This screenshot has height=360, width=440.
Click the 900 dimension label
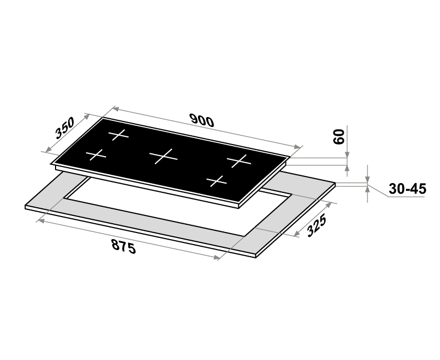(202, 120)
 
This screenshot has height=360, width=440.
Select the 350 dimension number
(65, 128)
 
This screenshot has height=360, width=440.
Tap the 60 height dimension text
(339, 137)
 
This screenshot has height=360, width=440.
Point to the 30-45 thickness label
(408, 189)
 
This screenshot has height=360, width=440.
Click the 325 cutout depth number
(317, 225)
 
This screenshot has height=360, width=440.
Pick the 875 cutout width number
(124, 246)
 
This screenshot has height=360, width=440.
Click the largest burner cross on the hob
(163, 156)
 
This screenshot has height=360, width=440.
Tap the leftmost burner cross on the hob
(96, 155)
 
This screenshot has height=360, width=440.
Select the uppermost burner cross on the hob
(118, 135)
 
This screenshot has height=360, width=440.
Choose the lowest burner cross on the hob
(216, 181)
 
